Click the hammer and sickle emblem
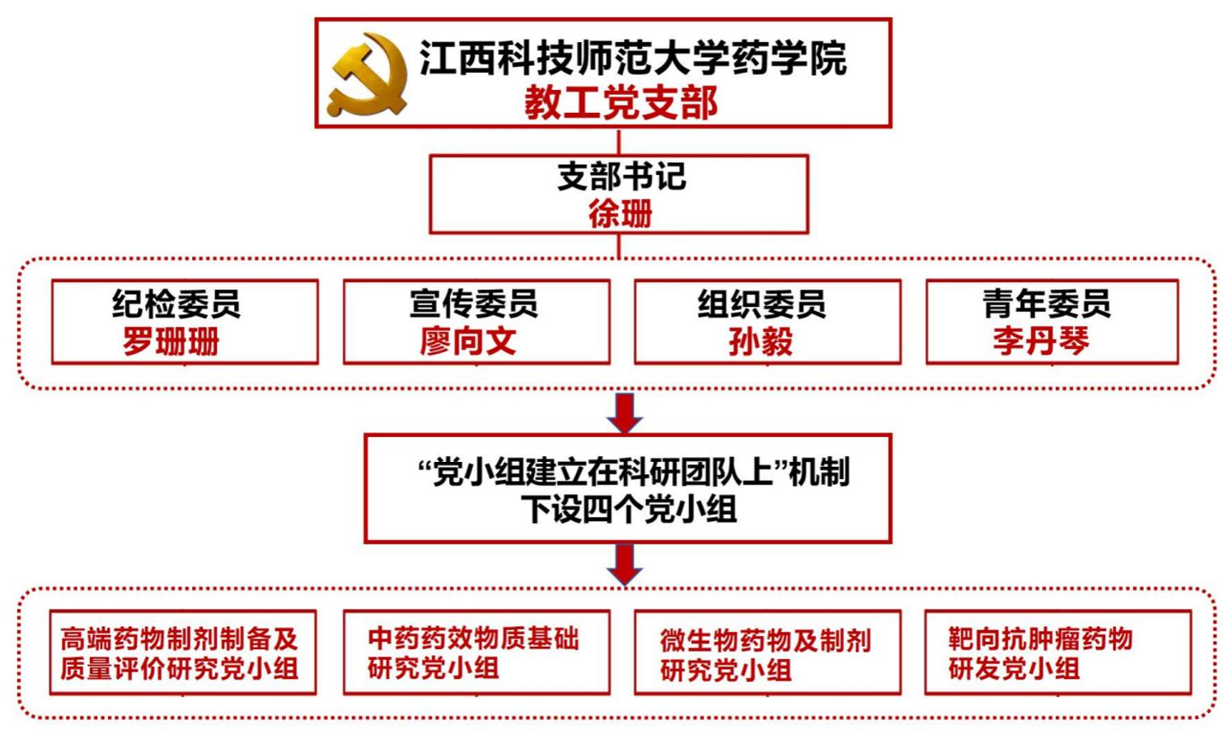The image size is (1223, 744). click(368, 74)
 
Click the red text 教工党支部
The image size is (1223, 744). click(621, 103)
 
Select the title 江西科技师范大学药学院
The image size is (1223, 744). click(632, 58)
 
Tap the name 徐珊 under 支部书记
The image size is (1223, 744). click(620, 214)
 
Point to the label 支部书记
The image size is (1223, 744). click(621, 176)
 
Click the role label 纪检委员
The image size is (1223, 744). click(176, 304)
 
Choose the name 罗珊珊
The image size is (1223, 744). click(171, 341)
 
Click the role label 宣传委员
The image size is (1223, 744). click(474, 304)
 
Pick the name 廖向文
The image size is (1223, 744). click(468, 341)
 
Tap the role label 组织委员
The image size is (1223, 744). click(762, 304)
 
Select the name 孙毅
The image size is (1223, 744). click(760, 341)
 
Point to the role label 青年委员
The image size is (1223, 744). click(1047, 304)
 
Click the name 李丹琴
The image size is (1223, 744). click(1041, 341)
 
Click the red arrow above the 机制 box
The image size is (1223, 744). click(625, 412)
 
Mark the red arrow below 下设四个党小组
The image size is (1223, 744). click(625, 564)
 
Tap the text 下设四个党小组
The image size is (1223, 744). click(628, 509)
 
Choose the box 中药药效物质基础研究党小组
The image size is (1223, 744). click(476, 652)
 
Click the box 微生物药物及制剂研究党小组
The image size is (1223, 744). click(767, 652)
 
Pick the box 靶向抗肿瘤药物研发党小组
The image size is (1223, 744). click(1058, 652)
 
